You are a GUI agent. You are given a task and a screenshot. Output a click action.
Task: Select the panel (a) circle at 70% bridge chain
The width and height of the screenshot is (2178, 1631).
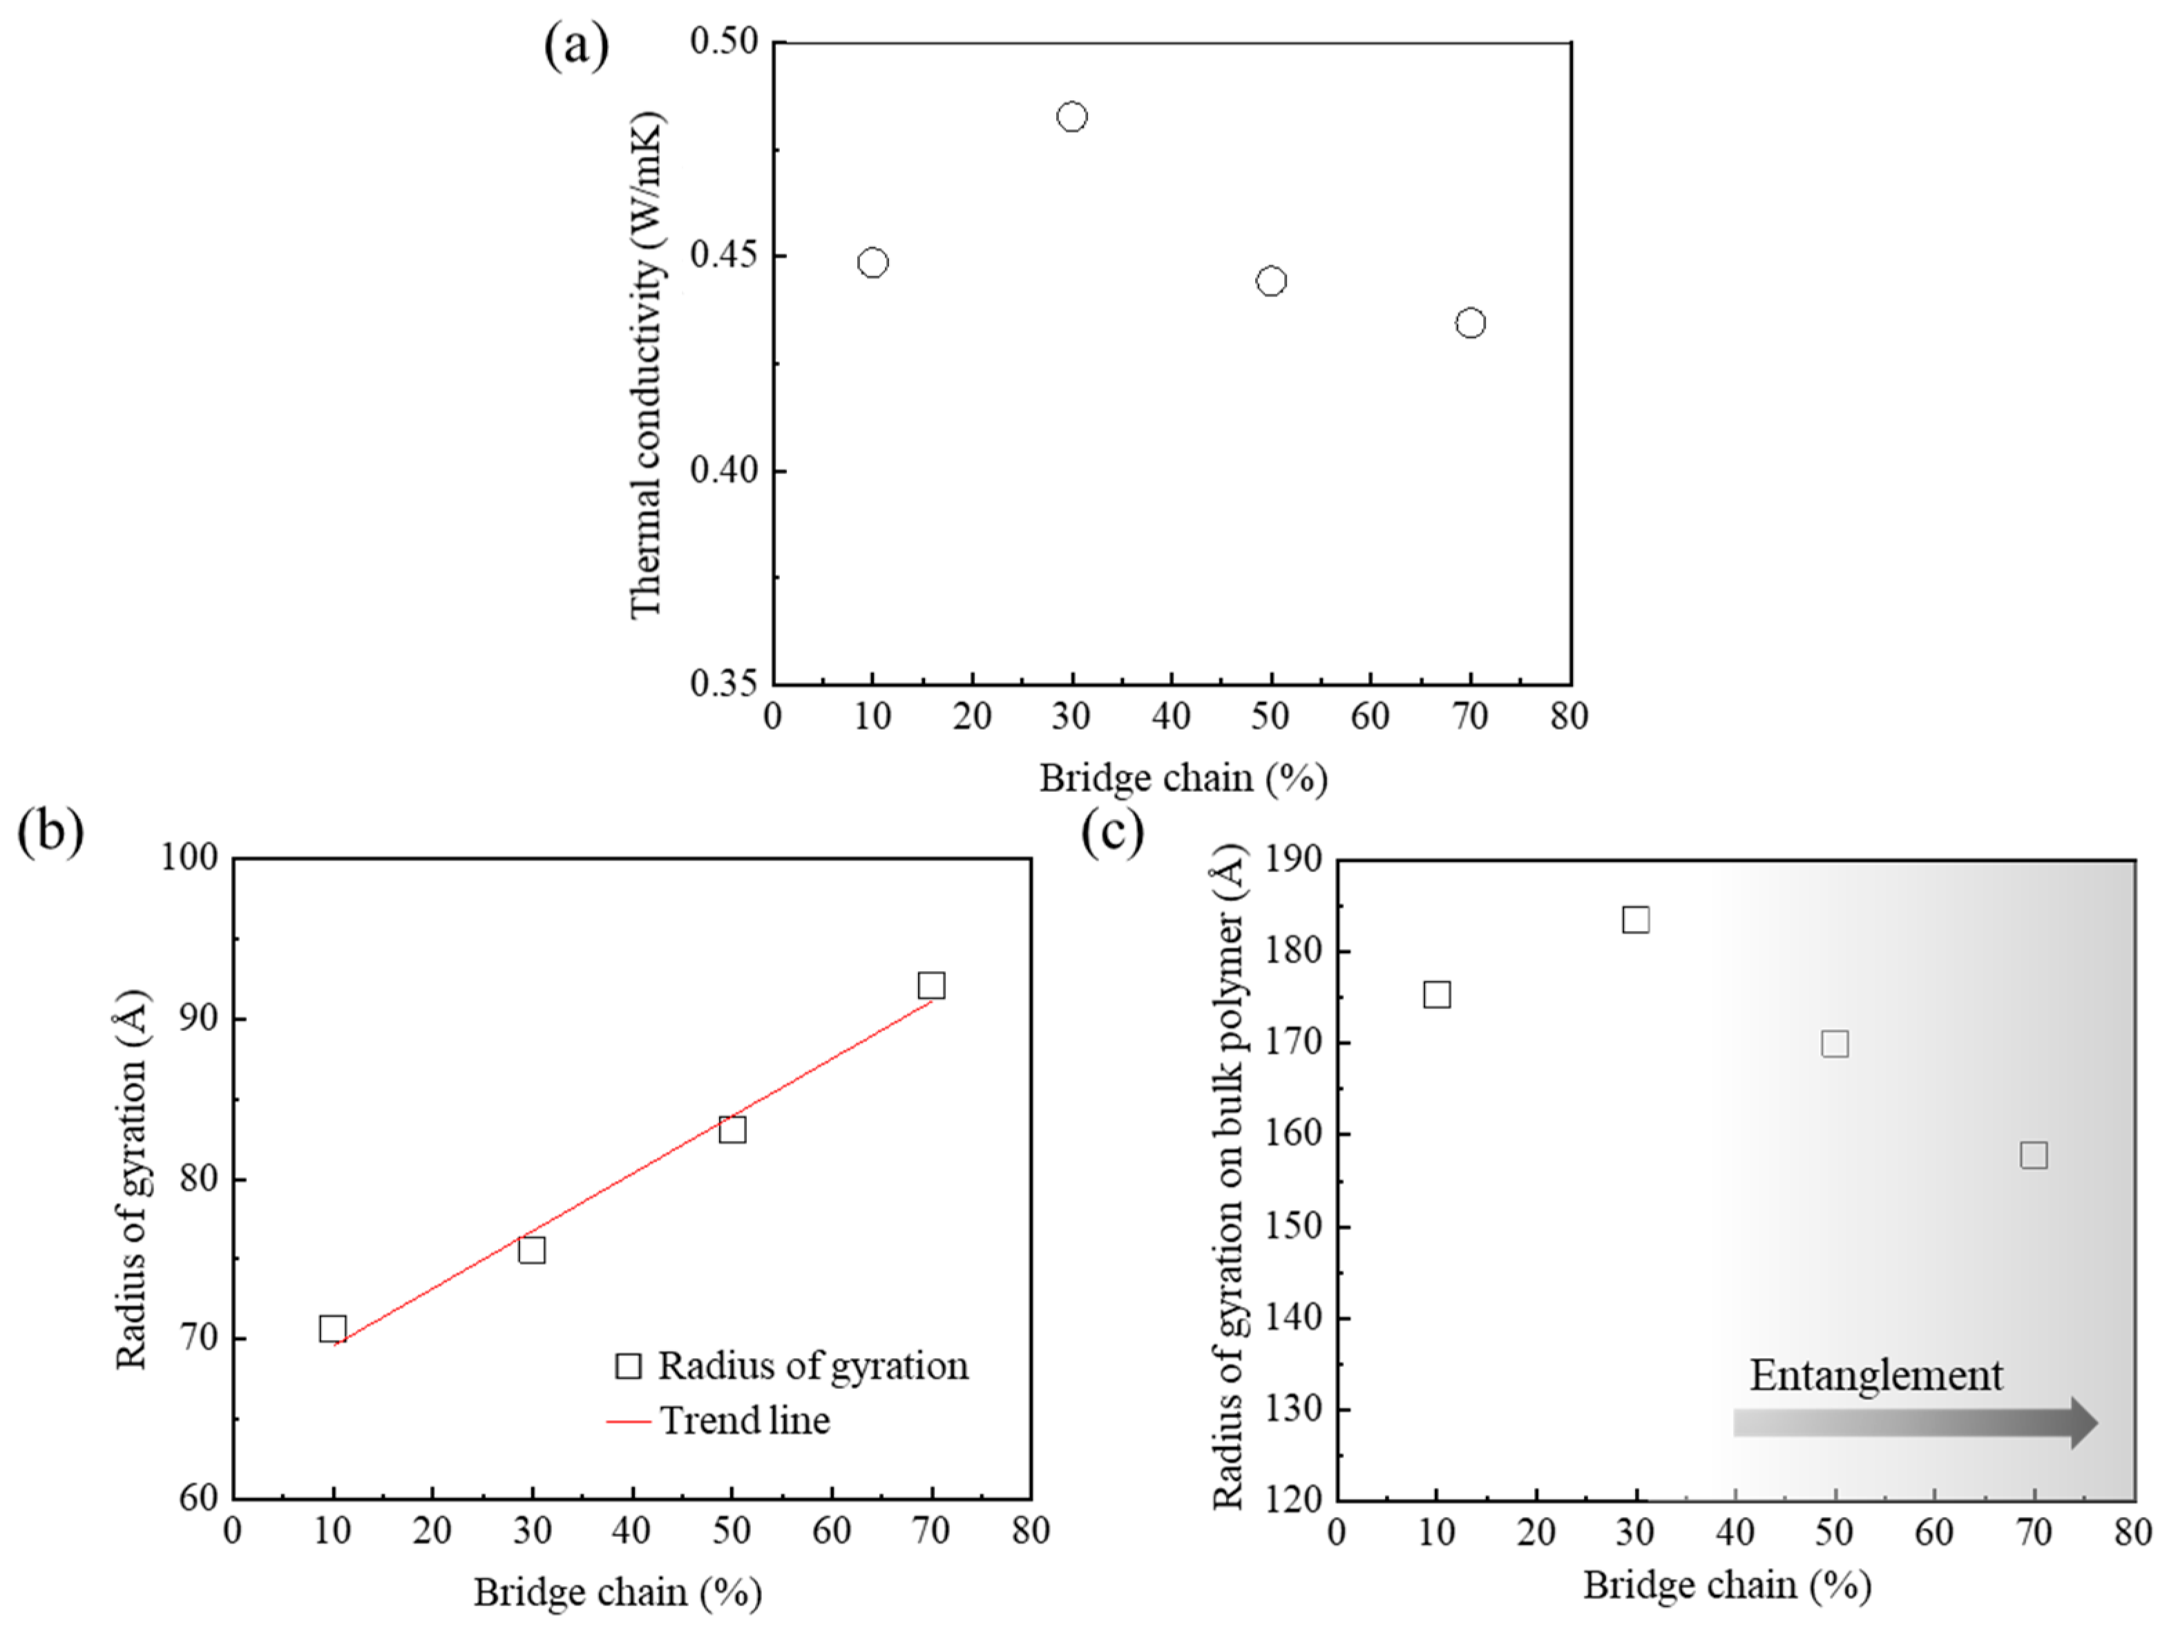click(1469, 323)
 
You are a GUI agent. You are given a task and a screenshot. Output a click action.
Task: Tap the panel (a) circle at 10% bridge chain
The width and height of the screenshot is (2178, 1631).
click(872, 263)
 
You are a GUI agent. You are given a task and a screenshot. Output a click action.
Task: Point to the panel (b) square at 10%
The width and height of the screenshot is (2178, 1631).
click(333, 1328)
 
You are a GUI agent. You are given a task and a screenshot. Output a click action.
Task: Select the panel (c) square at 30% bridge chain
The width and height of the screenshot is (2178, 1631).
click(1636, 920)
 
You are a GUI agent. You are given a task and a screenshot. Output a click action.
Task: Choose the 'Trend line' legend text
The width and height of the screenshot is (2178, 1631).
click(745, 1421)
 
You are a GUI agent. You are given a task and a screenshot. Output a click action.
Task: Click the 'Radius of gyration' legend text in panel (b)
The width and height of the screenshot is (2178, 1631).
click(813, 1367)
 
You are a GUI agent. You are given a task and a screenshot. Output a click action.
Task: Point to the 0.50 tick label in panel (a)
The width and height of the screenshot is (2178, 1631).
click(724, 41)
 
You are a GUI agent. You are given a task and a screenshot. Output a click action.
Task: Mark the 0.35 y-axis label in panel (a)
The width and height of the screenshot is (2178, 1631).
click(724, 683)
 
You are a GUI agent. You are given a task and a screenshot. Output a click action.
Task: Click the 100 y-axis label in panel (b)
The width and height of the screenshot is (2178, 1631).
click(189, 858)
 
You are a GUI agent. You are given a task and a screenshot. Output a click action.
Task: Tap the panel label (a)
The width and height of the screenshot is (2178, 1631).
click(576, 46)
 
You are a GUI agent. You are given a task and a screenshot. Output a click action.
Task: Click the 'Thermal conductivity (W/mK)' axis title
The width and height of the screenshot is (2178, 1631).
click(647, 364)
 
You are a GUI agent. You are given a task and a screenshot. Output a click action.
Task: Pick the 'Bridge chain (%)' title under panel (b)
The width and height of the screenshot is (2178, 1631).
click(618, 1592)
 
